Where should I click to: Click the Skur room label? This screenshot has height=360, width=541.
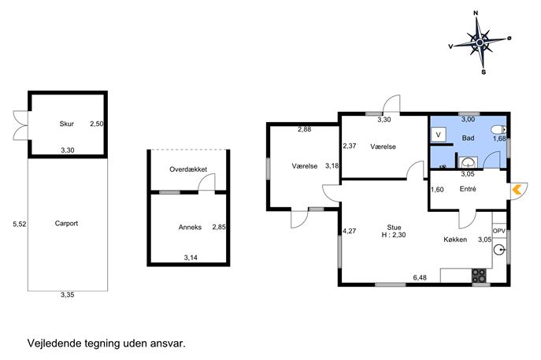pos(67,124)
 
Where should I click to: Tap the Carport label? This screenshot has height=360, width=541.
pos(66,223)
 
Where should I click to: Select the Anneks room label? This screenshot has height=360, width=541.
pos(190,227)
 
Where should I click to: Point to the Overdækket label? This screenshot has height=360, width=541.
pos(188,169)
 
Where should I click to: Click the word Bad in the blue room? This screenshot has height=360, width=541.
pos(468,138)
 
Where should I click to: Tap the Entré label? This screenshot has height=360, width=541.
pos(468,189)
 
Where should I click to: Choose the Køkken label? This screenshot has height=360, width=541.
pos(455,239)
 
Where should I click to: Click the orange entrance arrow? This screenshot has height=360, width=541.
pos(517,190)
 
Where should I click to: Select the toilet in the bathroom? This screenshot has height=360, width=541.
pos(498,130)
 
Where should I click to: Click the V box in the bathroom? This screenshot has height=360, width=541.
pos(438,135)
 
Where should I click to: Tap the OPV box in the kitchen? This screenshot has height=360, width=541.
pos(499,231)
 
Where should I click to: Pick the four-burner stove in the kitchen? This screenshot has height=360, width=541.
pos(479,275)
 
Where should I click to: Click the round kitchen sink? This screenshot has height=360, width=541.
pos(499,249)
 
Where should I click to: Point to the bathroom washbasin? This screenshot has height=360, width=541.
pos(469,162)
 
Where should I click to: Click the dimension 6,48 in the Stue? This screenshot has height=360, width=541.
pos(420,277)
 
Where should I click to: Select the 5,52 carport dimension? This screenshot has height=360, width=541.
pos(20,224)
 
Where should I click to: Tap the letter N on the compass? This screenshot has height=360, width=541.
pos(476,13)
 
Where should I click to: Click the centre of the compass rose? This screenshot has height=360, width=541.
pos(480,43)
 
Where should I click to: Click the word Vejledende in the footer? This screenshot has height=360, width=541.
pos(55,343)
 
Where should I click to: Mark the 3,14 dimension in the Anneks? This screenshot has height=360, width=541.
pos(191,257)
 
